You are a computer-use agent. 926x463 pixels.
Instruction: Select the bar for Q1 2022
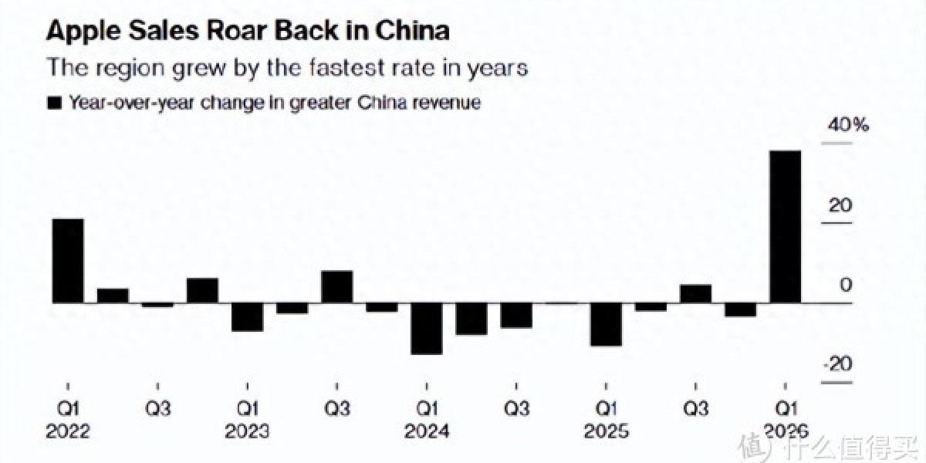click(x=67, y=261)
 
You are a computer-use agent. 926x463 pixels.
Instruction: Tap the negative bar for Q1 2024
click(x=426, y=328)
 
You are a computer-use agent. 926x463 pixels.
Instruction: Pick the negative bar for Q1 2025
click(x=606, y=324)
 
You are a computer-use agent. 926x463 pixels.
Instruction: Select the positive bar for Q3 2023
click(x=336, y=286)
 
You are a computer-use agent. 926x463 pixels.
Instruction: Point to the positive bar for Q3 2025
click(x=695, y=293)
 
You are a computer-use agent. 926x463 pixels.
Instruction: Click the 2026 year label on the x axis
click(x=786, y=431)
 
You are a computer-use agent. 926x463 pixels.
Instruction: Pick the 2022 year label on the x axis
click(x=68, y=431)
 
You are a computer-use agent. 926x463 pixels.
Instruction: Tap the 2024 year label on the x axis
click(x=426, y=431)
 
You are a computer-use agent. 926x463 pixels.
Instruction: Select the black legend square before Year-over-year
click(x=54, y=103)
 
